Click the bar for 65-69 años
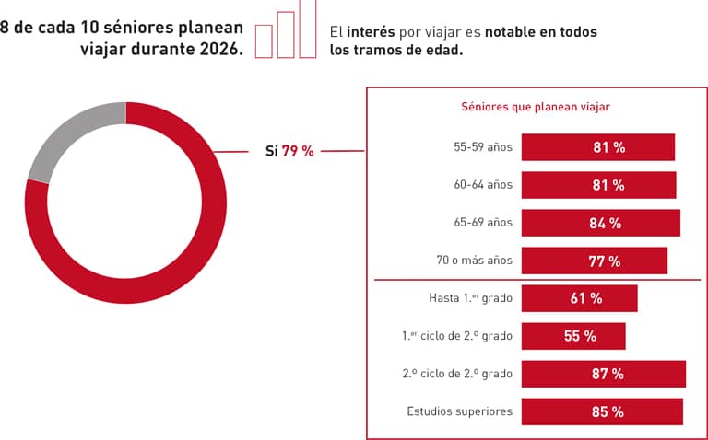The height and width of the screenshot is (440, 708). tap(600, 223)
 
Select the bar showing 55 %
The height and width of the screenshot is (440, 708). tap(573, 336)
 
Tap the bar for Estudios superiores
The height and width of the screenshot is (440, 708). tap(602, 411)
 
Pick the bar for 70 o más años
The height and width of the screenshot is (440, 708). tap(594, 261)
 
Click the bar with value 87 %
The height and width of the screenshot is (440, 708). tap(603, 374)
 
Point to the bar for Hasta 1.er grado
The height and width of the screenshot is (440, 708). tap(579, 298)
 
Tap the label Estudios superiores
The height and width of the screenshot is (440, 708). tap(459, 411)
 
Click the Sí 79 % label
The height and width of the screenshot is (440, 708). tap(289, 151)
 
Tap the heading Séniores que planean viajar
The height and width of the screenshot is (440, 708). tap(535, 107)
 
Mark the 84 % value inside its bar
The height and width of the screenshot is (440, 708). tap(606, 223)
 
